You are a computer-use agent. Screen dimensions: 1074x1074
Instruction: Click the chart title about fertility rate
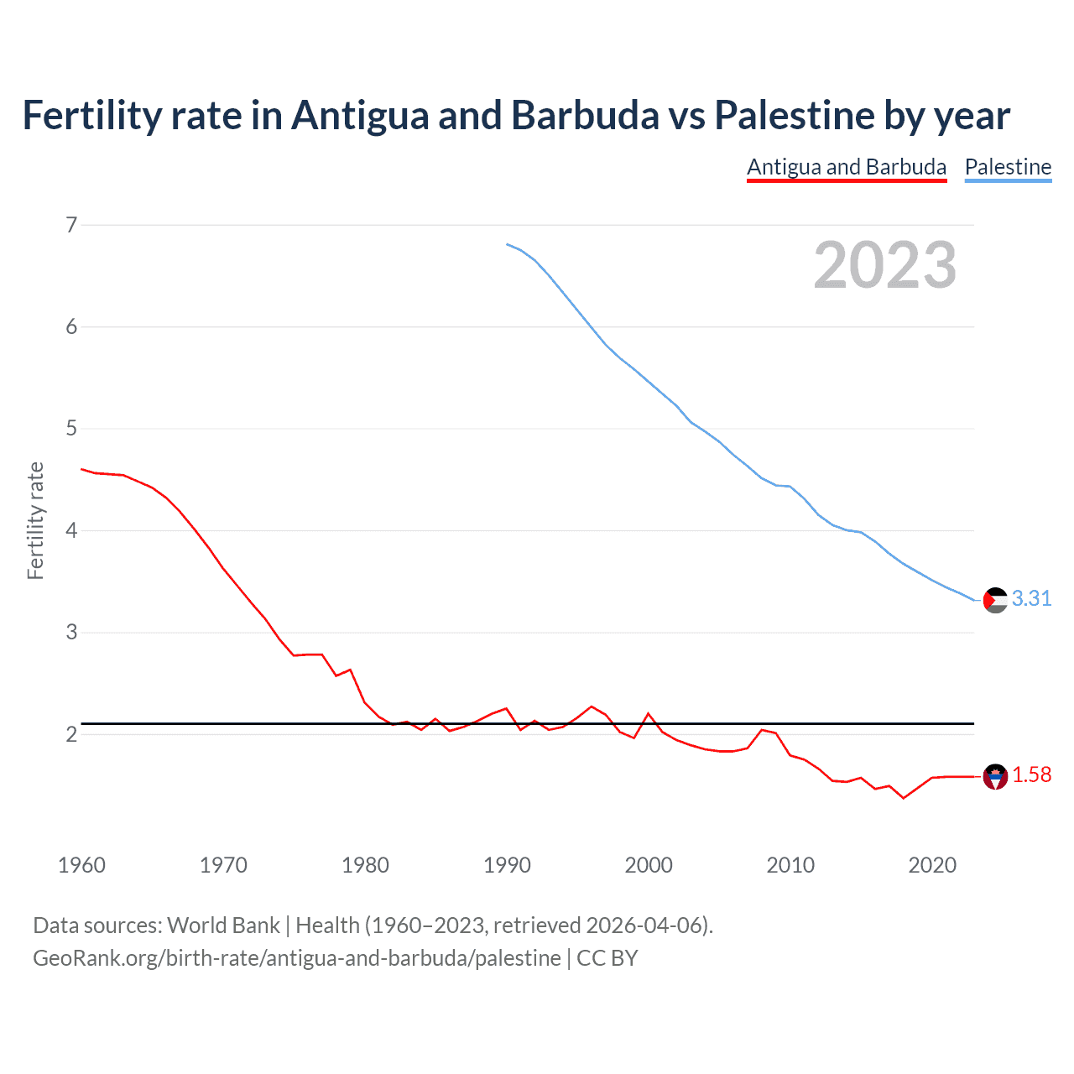pos(516,115)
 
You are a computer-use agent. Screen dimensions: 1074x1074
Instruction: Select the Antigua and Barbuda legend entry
pos(847,167)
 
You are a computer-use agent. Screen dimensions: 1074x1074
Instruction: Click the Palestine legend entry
pos(1008,167)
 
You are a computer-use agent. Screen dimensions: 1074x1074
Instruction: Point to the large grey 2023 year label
pos(884,265)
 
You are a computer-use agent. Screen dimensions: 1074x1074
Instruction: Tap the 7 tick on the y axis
pos(71,225)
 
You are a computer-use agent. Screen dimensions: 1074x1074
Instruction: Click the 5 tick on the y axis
pos(71,429)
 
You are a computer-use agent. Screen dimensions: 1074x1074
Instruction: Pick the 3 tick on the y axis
pos(71,633)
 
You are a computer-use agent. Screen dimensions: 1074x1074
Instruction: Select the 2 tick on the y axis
pos(71,735)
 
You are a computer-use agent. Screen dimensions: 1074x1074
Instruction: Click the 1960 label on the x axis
pos(81,865)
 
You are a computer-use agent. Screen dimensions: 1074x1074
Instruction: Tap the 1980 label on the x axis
pos(365,865)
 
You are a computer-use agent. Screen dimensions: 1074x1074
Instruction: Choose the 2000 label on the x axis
pos(649,865)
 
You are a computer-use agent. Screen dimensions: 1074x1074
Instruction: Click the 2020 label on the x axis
pos(932,865)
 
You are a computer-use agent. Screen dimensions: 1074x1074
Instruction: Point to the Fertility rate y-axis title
pos(35,520)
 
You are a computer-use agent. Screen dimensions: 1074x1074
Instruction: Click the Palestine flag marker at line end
pos(995,600)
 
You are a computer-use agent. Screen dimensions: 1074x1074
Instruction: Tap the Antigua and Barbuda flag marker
pos(995,777)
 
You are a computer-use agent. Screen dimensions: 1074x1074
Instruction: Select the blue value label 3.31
pos(1031,598)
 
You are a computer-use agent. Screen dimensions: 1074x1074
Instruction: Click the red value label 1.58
pos(1031,774)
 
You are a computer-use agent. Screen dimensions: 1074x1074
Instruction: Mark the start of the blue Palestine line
pos(507,244)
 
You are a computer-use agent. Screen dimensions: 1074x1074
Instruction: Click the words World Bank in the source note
pos(223,925)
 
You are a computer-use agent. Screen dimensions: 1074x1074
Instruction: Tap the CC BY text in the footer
pos(607,958)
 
